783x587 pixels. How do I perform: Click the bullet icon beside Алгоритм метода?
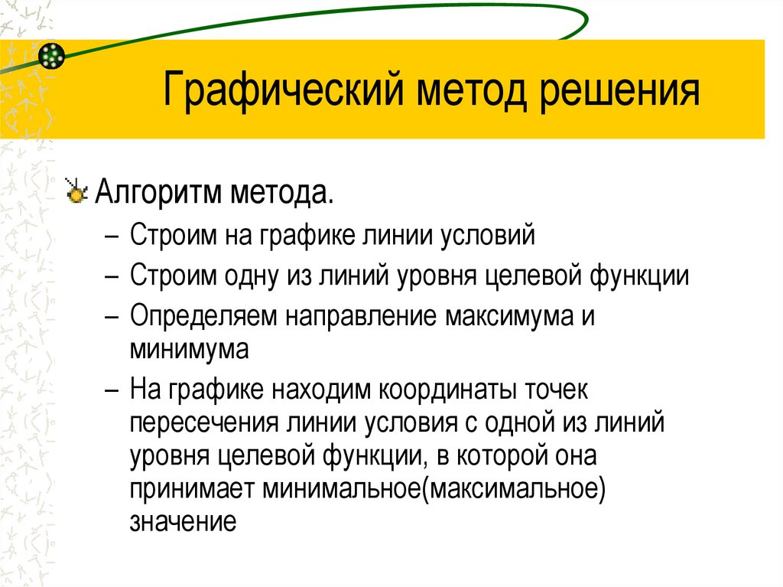point(76,191)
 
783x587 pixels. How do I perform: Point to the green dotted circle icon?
point(51,55)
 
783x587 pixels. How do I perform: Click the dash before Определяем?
point(112,315)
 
